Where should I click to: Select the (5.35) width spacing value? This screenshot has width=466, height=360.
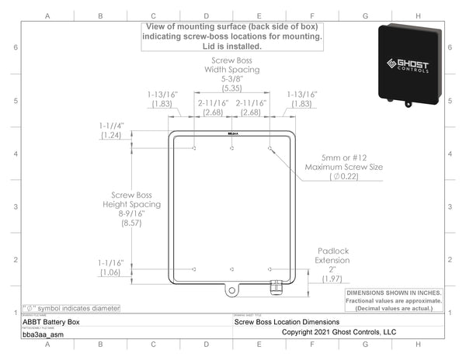tap(232, 89)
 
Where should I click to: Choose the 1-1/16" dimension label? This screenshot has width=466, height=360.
tap(112, 262)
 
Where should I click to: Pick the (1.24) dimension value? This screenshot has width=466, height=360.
tap(112, 136)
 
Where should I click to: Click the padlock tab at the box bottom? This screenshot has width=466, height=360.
tap(231, 291)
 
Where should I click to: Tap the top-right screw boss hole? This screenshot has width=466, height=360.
tap(270, 147)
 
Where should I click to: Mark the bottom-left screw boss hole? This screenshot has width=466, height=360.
tap(194, 269)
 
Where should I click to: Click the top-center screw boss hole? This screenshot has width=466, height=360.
tap(232, 147)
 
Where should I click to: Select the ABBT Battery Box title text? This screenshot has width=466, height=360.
tap(50, 320)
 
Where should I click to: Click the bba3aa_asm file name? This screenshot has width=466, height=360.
tap(43, 335)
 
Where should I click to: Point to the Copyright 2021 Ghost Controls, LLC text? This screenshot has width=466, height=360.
tap(339, 331)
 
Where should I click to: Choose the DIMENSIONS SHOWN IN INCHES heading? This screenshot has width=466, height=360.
tap(394, 292)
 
